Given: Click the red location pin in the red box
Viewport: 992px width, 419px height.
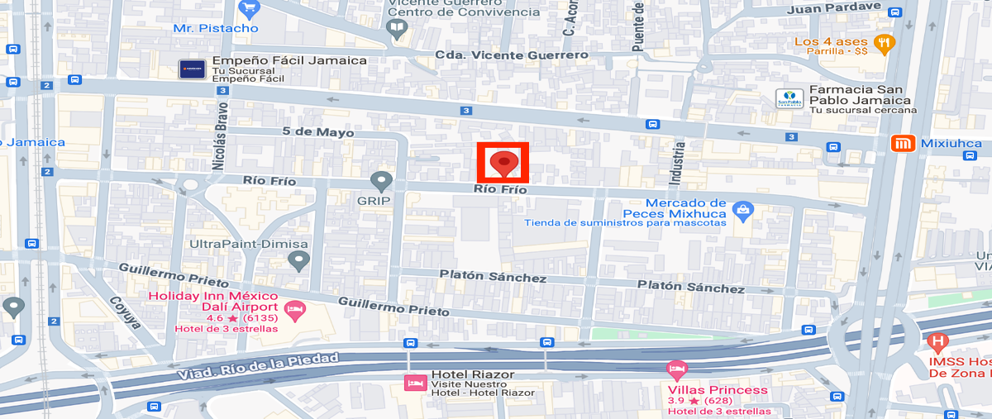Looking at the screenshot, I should pos(503,163).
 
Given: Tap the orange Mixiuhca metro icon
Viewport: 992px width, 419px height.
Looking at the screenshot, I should pos(903,144).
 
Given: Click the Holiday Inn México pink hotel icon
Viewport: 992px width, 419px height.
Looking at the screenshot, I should pos(293,311).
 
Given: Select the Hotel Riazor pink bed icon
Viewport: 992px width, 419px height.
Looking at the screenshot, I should pos(413,383).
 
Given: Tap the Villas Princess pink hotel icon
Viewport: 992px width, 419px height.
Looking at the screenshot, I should pos(676,369).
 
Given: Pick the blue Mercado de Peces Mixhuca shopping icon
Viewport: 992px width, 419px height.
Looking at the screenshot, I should pos(743,212).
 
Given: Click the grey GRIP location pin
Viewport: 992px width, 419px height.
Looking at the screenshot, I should pos(381,181).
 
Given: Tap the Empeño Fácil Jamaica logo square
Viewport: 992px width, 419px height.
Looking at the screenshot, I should pos(192,69).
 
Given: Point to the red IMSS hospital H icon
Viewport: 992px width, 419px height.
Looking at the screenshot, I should pos(937,340).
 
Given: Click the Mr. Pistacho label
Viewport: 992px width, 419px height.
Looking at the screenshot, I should pos(216,28).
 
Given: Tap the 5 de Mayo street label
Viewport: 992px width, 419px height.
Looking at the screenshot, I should pos(317,132).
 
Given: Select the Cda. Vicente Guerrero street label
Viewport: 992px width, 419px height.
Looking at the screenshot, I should pos(513,55).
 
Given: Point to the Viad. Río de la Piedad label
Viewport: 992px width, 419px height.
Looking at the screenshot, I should pos(259,365).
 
